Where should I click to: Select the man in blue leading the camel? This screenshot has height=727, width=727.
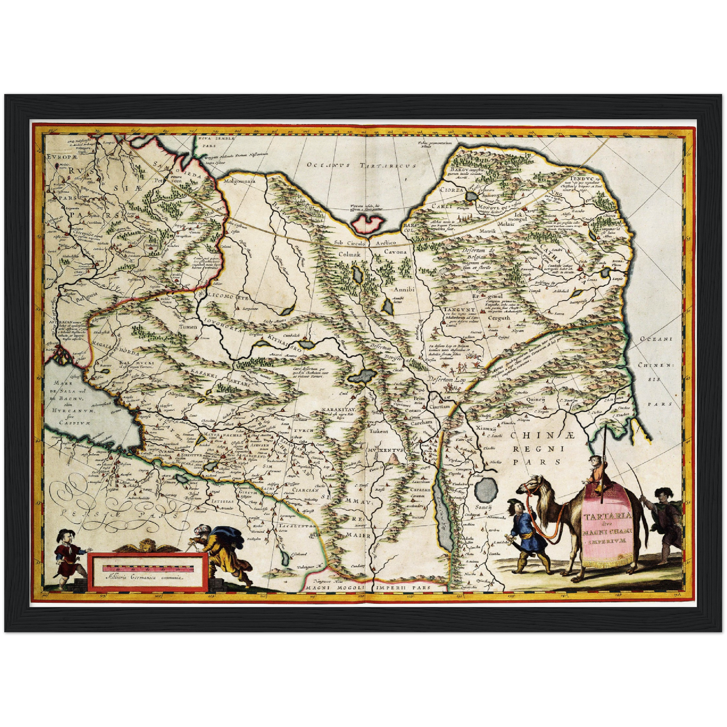[x=519, y=533]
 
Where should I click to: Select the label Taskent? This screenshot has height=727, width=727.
[x=377, y=431]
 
